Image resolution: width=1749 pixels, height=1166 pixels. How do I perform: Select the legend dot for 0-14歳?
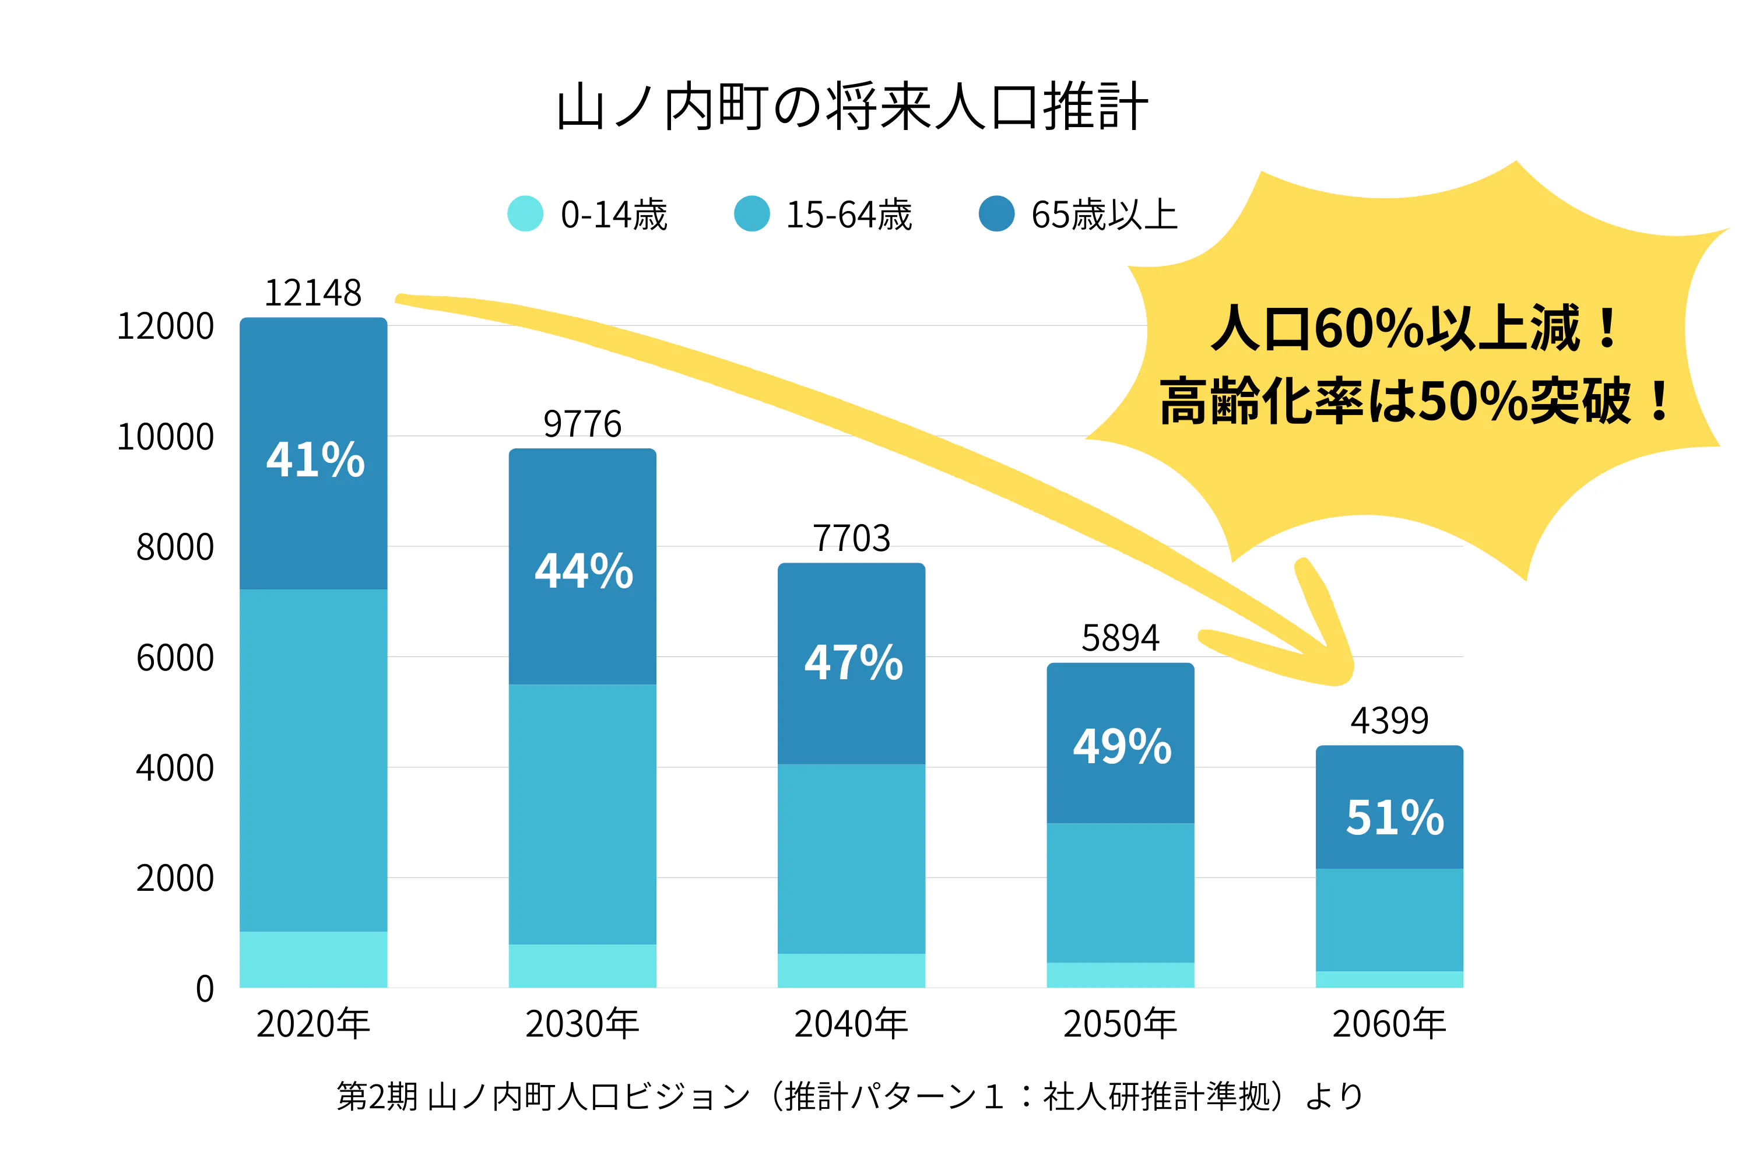[x=525, y=214]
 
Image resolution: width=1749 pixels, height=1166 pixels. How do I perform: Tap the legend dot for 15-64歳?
[x=752, y=214]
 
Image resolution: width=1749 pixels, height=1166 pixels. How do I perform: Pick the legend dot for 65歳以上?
[x=996, y=214]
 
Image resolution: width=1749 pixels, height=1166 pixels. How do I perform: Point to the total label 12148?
[x=313, y=293]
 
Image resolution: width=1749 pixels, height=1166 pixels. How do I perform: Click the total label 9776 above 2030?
[x=582, y=424]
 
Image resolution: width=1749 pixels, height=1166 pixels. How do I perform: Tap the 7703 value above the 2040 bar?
[x=851, y=538]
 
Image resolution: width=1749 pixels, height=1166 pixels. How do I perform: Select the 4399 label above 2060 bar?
[x=1389, y=721]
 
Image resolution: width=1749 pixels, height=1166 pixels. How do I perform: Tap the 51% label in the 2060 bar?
[x=1395, y=818]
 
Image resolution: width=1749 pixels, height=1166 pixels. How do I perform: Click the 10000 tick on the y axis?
[x=166, y=437]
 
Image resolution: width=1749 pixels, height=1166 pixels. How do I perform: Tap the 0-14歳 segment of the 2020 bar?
[x=313, y=959]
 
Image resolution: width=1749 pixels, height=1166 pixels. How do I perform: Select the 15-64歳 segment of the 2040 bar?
[x=851, y=859]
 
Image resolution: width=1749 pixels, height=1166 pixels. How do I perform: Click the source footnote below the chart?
[x=850, y=1096]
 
